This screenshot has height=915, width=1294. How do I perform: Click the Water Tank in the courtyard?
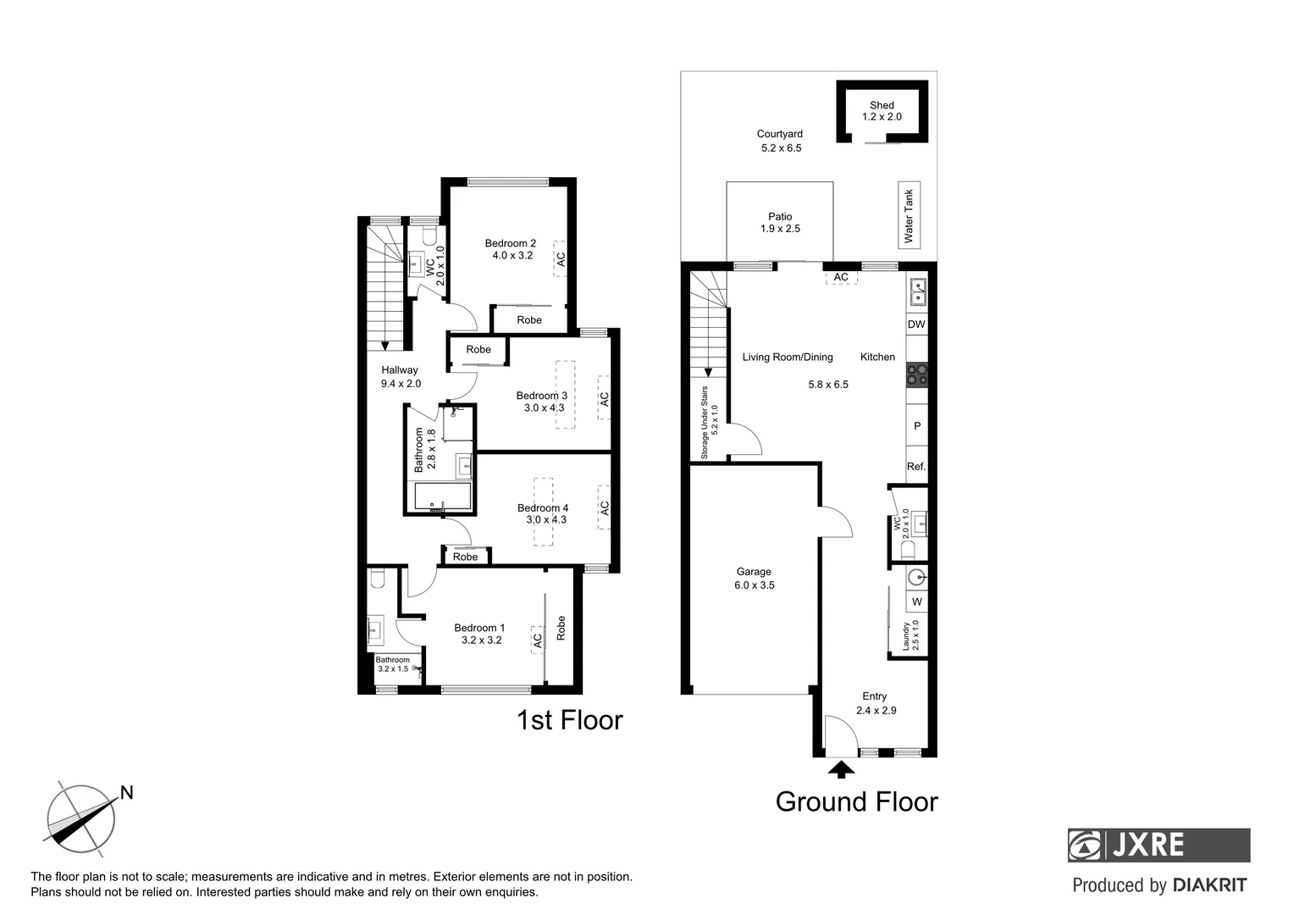pyautogui.click(x=909, y=215)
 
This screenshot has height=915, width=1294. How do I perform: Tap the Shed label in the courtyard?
pyautogui.click(x=882, y=106)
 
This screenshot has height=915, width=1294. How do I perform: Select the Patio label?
pyautogui.click(x=780, y=217)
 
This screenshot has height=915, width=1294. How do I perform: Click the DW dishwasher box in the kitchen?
pyautogui.click(x=916, y=324)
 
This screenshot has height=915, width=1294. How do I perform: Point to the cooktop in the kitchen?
pyautogui.click(x=917, y=374)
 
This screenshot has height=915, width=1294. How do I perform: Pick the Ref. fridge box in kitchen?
pyautogui.click(x=916, y=466)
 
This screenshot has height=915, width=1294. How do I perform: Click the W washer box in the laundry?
pyautogui.click(x=916, y=602)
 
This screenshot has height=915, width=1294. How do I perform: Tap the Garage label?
pyautogui.click(x=753, y=572)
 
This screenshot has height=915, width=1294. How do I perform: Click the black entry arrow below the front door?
pyautogui.click(x=841, y=769)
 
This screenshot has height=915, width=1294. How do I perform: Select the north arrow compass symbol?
pyautogui.click(x=81, y=818)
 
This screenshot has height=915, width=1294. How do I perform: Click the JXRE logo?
pyautogui.click(x=1158, y=845)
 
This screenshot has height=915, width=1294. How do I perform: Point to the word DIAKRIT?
pyautogui.click(x=1209, y=885)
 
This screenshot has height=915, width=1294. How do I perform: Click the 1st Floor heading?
pyautogui.click(x=569, y=720)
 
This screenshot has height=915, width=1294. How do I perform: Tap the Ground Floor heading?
pyautogui.click(x=856, y=801)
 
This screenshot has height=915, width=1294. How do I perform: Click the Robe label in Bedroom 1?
pyautogui.click(x=561, y=627)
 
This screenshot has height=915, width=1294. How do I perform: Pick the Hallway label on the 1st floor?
pyautogui.click(x=400, y=370)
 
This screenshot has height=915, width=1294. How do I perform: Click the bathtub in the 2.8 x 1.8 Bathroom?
pyautogui.click(x=442, y=496)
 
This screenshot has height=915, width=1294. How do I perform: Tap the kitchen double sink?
pyautogui.click(x=917, y=291)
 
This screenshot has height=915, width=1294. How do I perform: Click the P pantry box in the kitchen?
pyautogui.click(x=916, y=426)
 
